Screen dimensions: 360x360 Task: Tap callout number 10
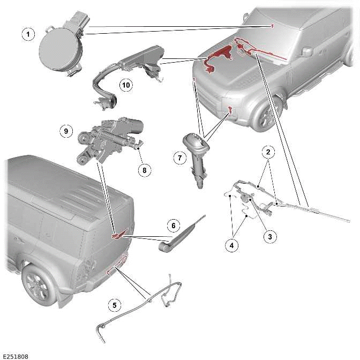click(125, 85)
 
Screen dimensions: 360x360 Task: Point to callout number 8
click(144, 170)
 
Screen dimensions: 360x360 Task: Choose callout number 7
click(180, 157)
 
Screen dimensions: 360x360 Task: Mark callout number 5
click(114, 305)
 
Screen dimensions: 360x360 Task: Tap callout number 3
click(269, 236)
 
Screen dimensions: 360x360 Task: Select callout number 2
click(269, 152)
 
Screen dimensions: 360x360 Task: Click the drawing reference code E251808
click(16, 356)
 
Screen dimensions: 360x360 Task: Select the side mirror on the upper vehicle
click(307, 51)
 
